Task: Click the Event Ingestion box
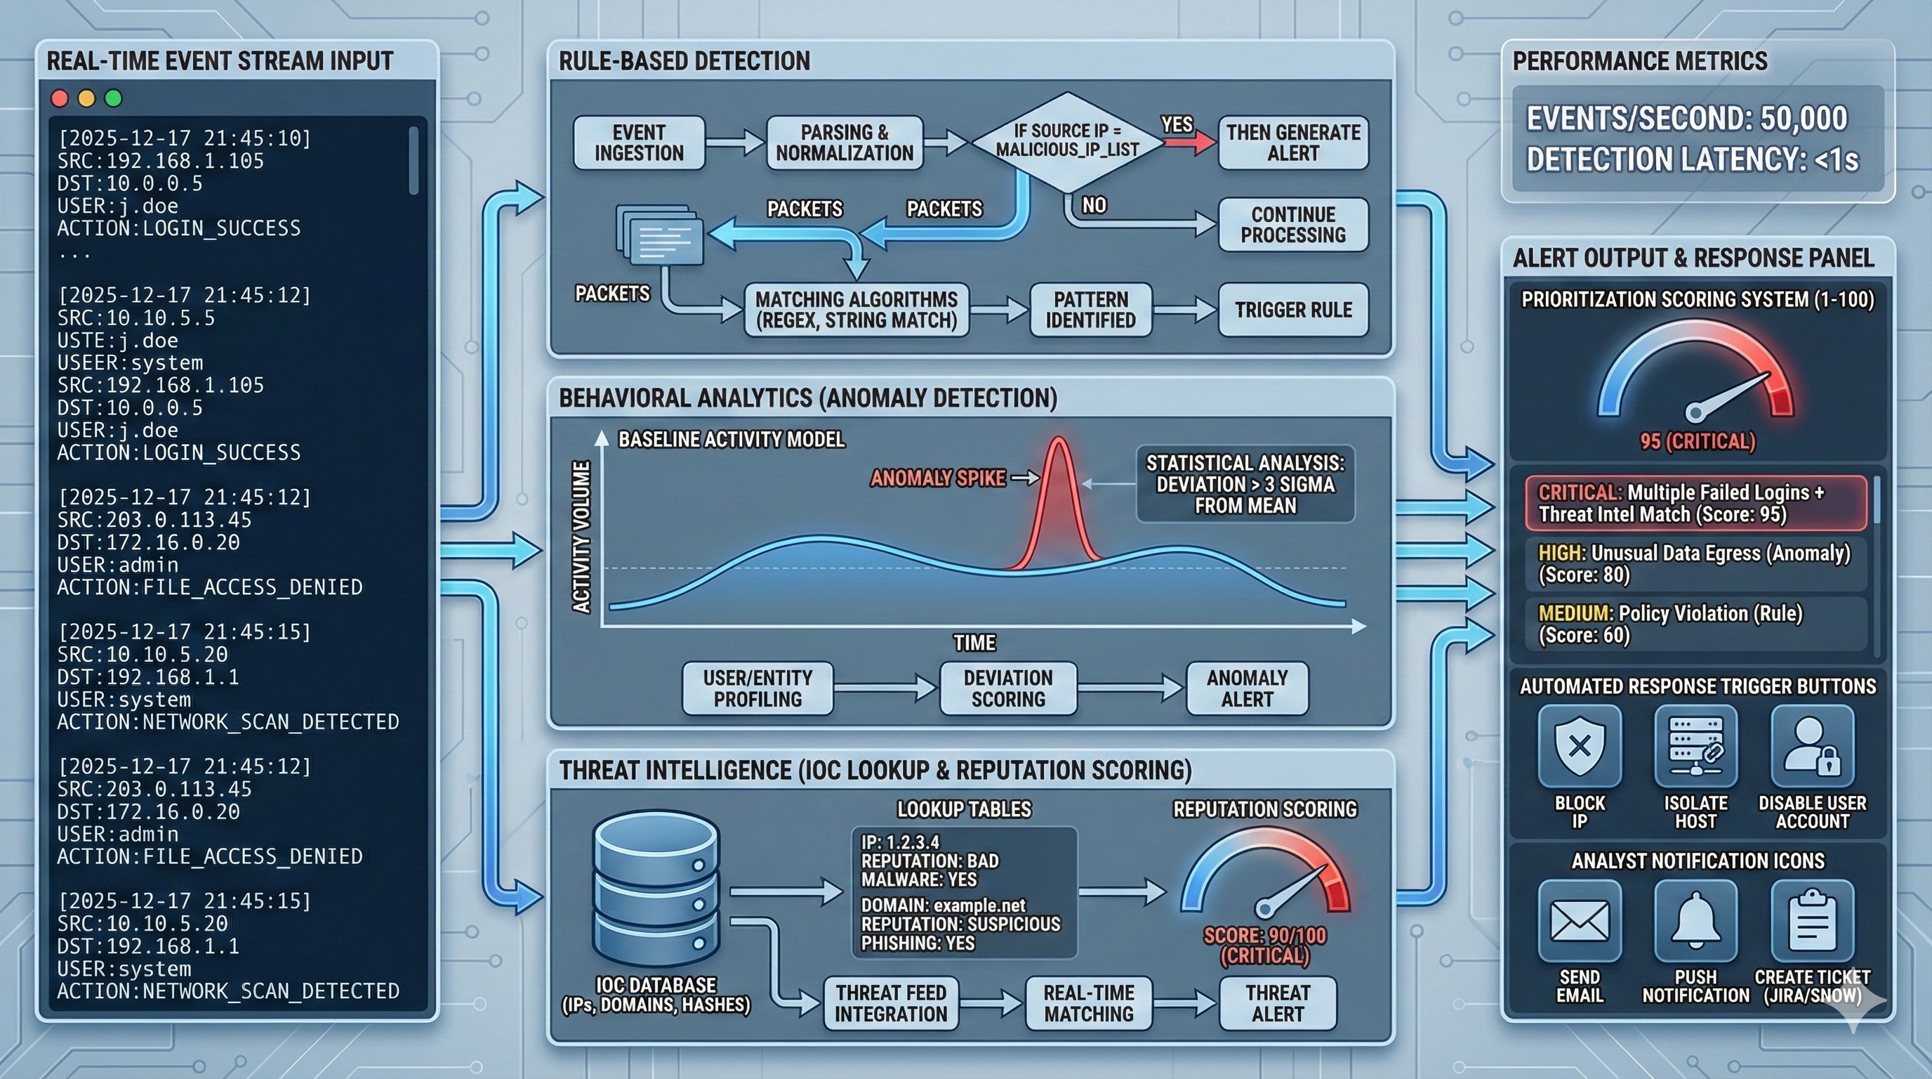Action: point(639,143)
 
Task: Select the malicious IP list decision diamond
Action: point(1066,141)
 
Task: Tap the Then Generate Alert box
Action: point(1292,143)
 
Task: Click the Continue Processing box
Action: point(1292,224)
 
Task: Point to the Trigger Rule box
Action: point(1292,310)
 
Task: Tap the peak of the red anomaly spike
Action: point(1058,443)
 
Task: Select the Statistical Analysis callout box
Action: point(1245,484)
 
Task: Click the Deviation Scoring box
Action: point(1008,688)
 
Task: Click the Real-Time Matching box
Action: point(1088,1003)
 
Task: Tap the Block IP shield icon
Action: point(1580,746)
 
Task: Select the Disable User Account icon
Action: point(1812,746)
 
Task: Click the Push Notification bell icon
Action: point(1695,922)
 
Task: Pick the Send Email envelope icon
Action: point(1580,922)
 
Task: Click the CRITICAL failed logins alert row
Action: point(1695,504)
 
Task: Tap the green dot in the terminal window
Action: point(113,98)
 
